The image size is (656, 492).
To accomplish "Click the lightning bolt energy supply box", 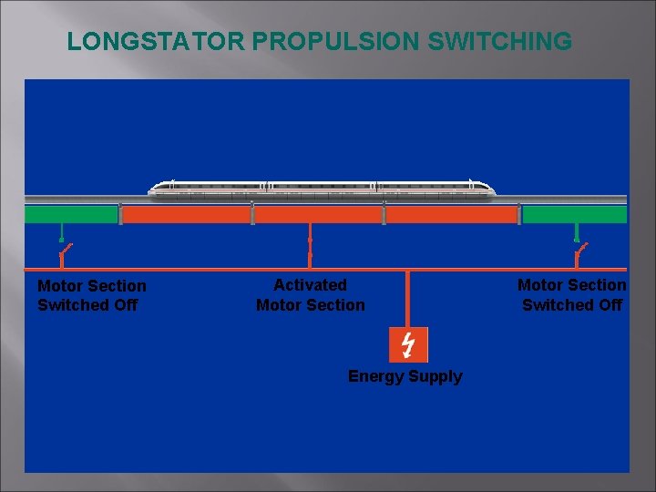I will pos(407,344).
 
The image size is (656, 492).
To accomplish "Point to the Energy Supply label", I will pos(405,376).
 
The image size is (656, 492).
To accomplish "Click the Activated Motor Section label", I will pos(310,295).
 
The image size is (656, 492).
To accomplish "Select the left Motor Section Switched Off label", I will pos(91,295).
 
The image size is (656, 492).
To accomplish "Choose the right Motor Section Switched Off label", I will pos(571,294).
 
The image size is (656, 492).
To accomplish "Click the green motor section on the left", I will pos(71,214).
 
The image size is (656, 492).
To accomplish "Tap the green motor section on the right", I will pos(575,214).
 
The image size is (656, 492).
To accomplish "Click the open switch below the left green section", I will pos(65,248).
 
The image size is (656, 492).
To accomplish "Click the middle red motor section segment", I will pos(318,214).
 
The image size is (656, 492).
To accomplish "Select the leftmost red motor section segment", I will pos(186,214).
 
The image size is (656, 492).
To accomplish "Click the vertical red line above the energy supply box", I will pos(407,299).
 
